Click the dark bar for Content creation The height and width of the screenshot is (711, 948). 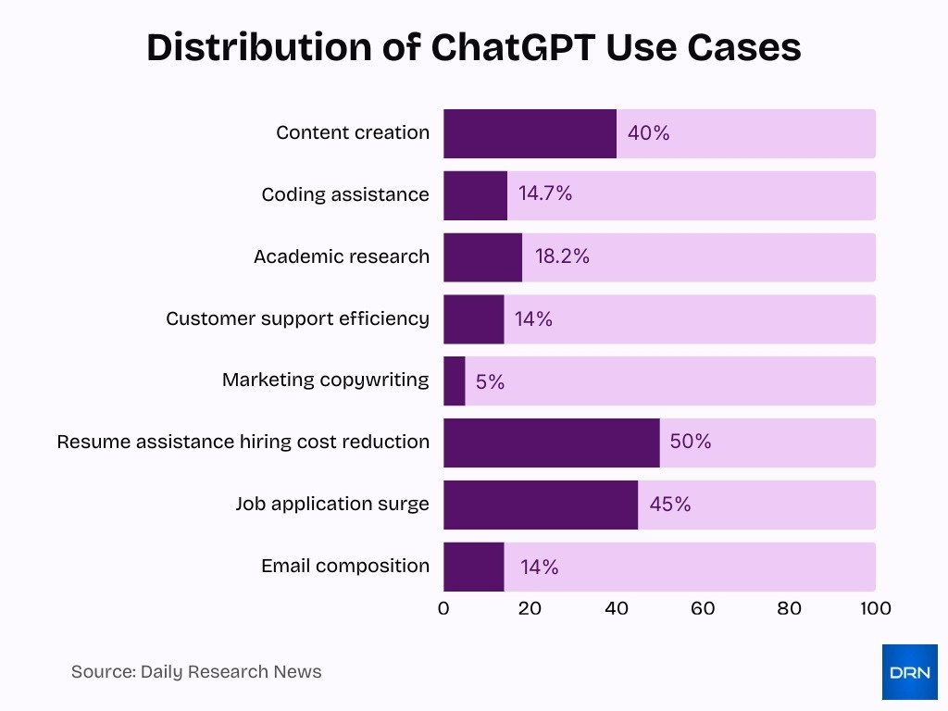530,133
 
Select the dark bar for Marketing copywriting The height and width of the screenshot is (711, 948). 454,380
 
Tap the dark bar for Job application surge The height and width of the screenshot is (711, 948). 540,505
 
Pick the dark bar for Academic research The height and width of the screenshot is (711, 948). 482,257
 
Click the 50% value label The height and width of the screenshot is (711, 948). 691,443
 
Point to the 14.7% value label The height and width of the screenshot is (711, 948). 545,193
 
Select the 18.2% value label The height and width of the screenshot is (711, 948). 562,256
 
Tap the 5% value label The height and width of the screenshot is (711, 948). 491,381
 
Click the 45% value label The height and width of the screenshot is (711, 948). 669,505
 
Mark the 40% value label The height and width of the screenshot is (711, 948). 648,133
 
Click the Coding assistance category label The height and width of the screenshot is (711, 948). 345,194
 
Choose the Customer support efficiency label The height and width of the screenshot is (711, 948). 297,318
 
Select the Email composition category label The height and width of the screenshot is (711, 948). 345,566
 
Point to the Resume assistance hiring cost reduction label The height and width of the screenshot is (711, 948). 243,442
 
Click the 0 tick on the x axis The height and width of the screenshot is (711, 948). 443,608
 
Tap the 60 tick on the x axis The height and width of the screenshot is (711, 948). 703,608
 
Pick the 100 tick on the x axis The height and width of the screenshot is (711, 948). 875,608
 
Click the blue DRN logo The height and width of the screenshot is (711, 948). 909,672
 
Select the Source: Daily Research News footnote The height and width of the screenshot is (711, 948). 196,672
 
